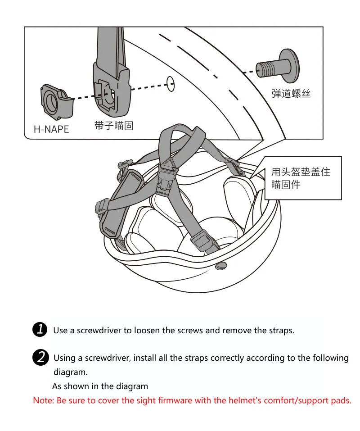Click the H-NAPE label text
pyautogui.click(x=51, y=129)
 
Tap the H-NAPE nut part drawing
pyautogui.click(x=57, y=102)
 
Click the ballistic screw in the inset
pyautogui.click(x=278, y=66)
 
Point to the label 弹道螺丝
pyautogui.click(x=291, y=94)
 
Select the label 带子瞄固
pyautogui.click(x=114, y=125)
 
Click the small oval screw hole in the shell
pyautogui.click(x=171, y=84)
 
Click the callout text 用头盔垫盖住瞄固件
pyautogui.click(x=301, y=178)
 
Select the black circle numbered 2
pyautogui.click(x=40, y=357)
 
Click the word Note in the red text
pyautogui.click(x=43, y=400)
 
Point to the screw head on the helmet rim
pyautogui.click(x=221, y=265)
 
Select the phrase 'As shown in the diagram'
pyautogui.click(x=100, y=386)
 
